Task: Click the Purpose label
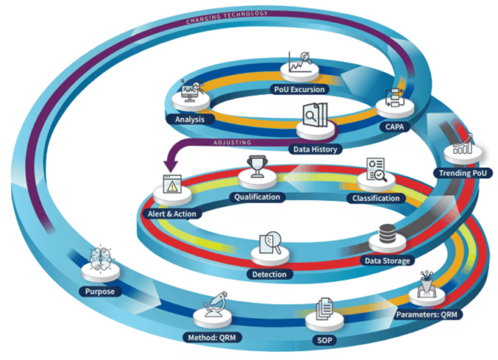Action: tap(99, 292)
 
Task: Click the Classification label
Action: tap(376, 198)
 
